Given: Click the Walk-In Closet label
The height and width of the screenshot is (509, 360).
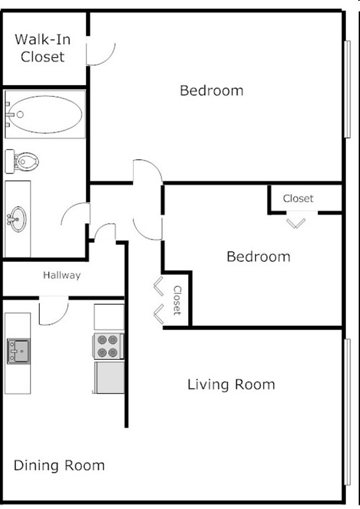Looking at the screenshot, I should (x=43, y=48).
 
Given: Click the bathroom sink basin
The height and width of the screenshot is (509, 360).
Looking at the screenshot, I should (x=17, y=217).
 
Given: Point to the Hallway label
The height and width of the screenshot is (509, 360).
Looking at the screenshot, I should (x=62, y=276).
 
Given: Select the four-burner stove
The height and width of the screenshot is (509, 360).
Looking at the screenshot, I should (x=108, y=346).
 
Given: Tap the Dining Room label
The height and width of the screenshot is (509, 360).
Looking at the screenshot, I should (x=59, y=465).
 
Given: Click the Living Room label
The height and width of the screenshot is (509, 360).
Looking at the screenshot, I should (x=231, y=385).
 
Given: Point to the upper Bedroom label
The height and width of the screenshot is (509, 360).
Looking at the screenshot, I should (x=211, y=90).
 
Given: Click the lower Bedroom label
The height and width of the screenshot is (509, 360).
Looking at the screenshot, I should (x=258, y=257).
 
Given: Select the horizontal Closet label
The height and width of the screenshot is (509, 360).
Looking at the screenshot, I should (x=299, y=198).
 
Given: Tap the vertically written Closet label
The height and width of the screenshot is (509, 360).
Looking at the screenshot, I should (x=177, y=300).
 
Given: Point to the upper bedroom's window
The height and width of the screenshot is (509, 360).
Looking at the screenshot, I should (x=347, y=90).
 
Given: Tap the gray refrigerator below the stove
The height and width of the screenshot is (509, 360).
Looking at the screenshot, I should (x=109, y=378).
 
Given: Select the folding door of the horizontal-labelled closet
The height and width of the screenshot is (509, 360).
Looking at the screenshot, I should (x=296, y=222).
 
